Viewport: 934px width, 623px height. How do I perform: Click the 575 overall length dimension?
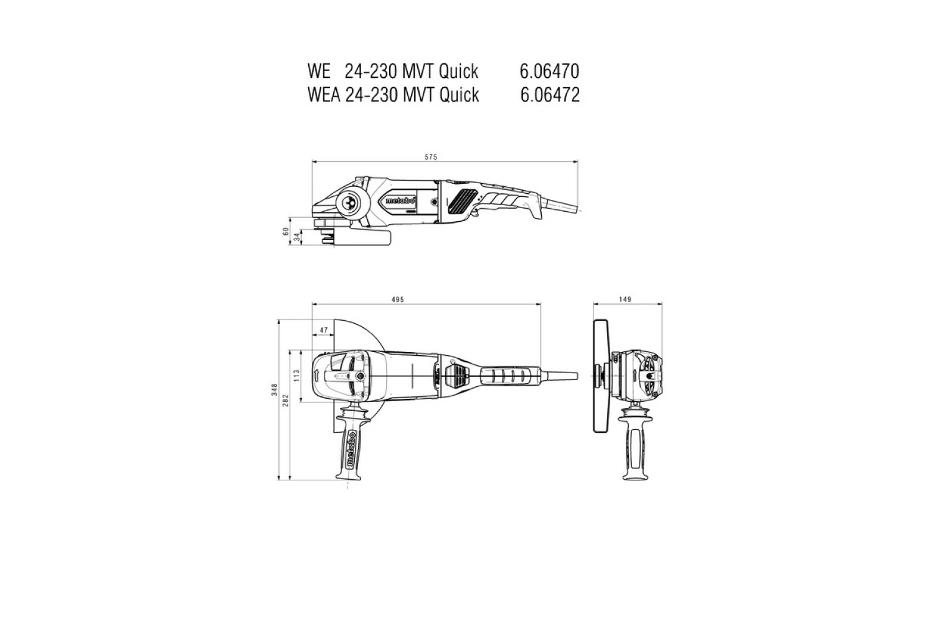pos(431,157)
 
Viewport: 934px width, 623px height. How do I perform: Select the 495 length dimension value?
pos(398,300)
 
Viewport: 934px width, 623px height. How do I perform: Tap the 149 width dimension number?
pos(626,300)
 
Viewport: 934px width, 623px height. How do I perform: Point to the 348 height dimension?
pos(274,390)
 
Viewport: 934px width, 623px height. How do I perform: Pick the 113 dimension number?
pos(297,375)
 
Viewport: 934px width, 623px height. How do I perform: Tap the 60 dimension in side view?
pos(286,232)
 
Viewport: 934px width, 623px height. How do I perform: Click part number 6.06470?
pos(549,72)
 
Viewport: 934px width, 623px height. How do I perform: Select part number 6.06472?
pos(549,95)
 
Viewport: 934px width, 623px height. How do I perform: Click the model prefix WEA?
pos(324,95)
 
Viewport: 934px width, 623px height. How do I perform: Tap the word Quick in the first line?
pos(458,72)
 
